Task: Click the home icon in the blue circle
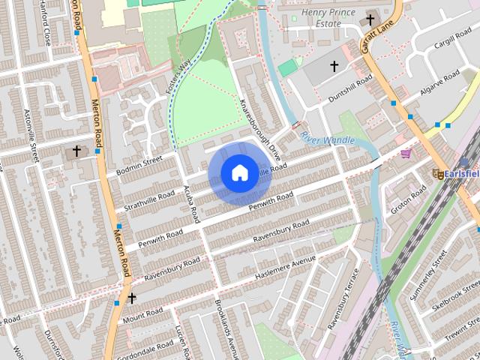coord(238,173)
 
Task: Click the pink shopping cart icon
coord(406,153)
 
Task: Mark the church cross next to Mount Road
coord(132,298)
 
